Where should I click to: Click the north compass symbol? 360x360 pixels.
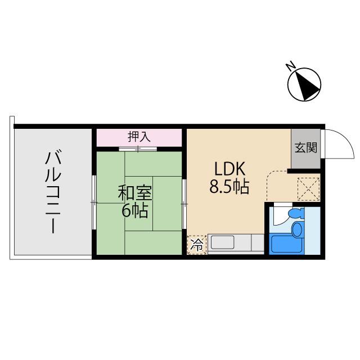click(x=304, y=85)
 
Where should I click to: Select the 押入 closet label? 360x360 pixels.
click(x=139, y=137)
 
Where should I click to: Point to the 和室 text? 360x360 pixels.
click(x=135, y=193)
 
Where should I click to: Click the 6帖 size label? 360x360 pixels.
click(x=135, y=211)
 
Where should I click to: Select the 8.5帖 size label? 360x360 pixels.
click(x=229, y=187)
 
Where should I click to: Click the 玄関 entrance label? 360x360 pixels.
click(x=305, y=148)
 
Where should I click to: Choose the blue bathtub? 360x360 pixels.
click(x=286, y=244)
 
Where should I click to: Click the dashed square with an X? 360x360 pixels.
click(x=308, y=188)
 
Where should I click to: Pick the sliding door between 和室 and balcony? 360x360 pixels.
click(x=93, y=202)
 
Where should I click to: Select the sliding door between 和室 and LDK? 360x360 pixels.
click(x=184, y=202)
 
